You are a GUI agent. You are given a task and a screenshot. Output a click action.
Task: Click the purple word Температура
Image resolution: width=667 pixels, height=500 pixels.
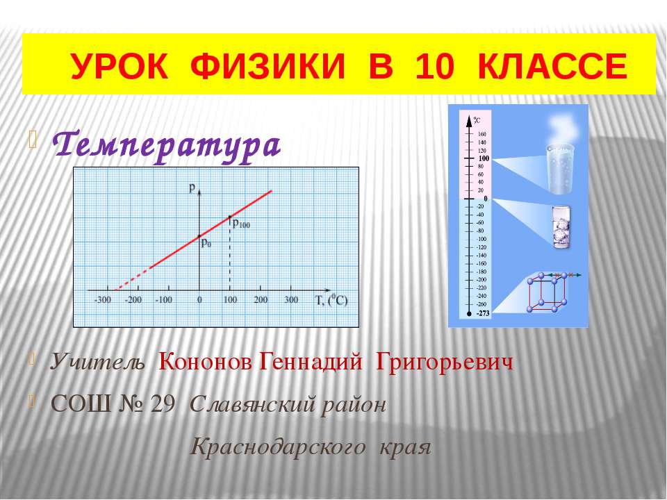tap(167, 145)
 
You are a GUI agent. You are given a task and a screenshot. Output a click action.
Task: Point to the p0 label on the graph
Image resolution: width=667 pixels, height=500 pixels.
tap(206, 242)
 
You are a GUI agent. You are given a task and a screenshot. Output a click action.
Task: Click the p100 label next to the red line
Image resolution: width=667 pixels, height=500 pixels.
tap(241, 224)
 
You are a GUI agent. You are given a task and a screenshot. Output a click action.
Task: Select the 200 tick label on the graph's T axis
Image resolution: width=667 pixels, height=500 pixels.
tap(261, 300)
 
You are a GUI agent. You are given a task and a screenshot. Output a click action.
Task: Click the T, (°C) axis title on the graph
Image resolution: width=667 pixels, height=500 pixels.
tap(331, 301)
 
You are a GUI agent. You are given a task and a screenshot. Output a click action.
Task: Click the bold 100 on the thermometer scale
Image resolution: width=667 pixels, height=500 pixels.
tap(484, 159)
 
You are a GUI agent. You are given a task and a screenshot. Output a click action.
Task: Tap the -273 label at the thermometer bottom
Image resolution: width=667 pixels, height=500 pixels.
tap(482, 313)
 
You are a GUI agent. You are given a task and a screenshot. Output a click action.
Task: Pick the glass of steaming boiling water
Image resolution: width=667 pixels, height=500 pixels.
tap(561, 167)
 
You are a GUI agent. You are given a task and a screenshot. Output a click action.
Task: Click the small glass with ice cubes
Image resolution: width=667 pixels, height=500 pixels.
tap(561, 226)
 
